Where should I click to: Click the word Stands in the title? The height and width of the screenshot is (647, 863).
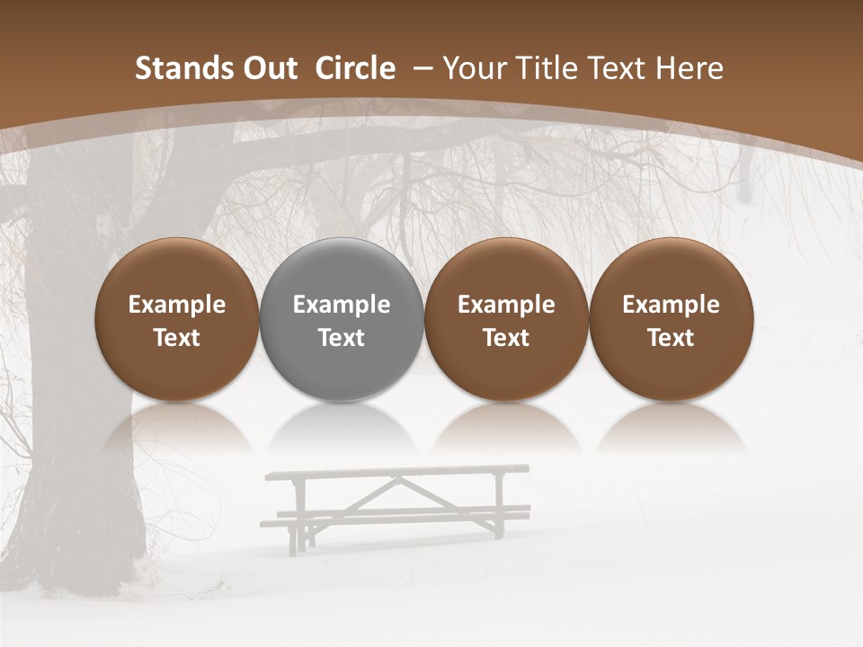[x=176, y=68]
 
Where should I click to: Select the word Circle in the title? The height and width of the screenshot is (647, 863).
[x=355, y=68]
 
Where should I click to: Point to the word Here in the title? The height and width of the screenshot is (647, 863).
[x=690, y=68]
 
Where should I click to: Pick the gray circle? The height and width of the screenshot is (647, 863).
[x=342, y=319]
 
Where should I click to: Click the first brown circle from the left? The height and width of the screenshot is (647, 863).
[x=177, y=319]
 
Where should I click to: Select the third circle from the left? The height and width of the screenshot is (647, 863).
[x=506, y=319]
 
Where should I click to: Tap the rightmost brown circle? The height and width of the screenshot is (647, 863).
[x=672, y=319]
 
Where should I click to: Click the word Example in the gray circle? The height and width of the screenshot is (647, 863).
[x=342, y=305]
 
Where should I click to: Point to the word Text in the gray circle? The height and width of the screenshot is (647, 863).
[x=342, y=338]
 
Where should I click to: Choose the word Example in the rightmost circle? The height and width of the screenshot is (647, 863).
[x=672, y=305]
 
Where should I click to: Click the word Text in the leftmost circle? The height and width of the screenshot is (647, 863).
[x=177, y=338]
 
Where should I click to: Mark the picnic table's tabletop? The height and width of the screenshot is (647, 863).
[x=396, y=472]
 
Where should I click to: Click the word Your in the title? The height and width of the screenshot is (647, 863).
[x=473, y=68]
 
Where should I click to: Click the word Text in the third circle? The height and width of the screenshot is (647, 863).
[x=506, y=338]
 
